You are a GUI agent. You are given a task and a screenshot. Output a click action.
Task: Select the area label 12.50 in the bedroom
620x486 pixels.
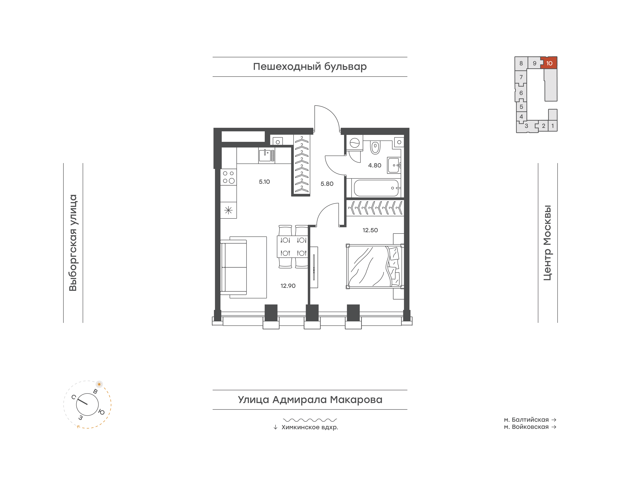[x=370, y=230]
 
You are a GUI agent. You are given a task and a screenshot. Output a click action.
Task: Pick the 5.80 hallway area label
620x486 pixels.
[x=327, y=184]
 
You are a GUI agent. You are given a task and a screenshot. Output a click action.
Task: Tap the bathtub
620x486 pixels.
[x=376, y=188]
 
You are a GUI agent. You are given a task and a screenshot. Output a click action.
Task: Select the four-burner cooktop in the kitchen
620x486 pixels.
[x=228, y=177]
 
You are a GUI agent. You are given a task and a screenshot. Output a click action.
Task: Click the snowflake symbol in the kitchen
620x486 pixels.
[x=228, y=210]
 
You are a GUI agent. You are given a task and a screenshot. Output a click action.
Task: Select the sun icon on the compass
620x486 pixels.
[x=99, y=384]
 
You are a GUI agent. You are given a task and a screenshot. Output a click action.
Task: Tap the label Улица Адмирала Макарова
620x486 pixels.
[x=310, y=400]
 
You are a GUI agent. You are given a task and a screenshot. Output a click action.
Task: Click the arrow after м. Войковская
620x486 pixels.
[x=554, y=427]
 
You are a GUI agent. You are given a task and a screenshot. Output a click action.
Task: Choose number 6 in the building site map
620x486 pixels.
[x=521, y=93]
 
